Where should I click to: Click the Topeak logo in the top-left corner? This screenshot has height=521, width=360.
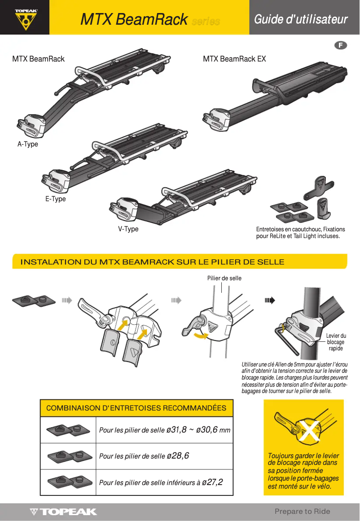click(25, 18)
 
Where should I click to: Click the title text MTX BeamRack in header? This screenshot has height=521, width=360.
click(134, 20)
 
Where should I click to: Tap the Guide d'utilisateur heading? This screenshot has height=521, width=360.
click(301, 19)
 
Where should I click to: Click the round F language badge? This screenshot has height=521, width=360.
click(341, 45)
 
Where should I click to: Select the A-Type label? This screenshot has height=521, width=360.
click(28, 144)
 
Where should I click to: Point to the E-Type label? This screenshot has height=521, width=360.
click(55, 199)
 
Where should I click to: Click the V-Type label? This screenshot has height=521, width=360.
click(128, 229)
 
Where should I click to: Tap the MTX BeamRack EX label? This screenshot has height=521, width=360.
click(234, 59)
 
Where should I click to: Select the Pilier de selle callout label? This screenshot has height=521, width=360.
click(224, 278)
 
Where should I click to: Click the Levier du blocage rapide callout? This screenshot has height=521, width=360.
click(335, 342)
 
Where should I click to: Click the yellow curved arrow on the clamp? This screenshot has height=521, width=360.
click(200, 335)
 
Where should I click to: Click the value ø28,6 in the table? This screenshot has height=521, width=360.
click(178, 456)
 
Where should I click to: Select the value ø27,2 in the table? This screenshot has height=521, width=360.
click(212, 482)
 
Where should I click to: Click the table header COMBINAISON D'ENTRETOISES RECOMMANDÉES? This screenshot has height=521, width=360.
click(136, 408)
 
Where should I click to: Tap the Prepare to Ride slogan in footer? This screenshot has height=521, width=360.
click(302, 511)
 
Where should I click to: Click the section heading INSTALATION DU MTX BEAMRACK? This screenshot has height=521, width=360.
click(152, 262)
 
